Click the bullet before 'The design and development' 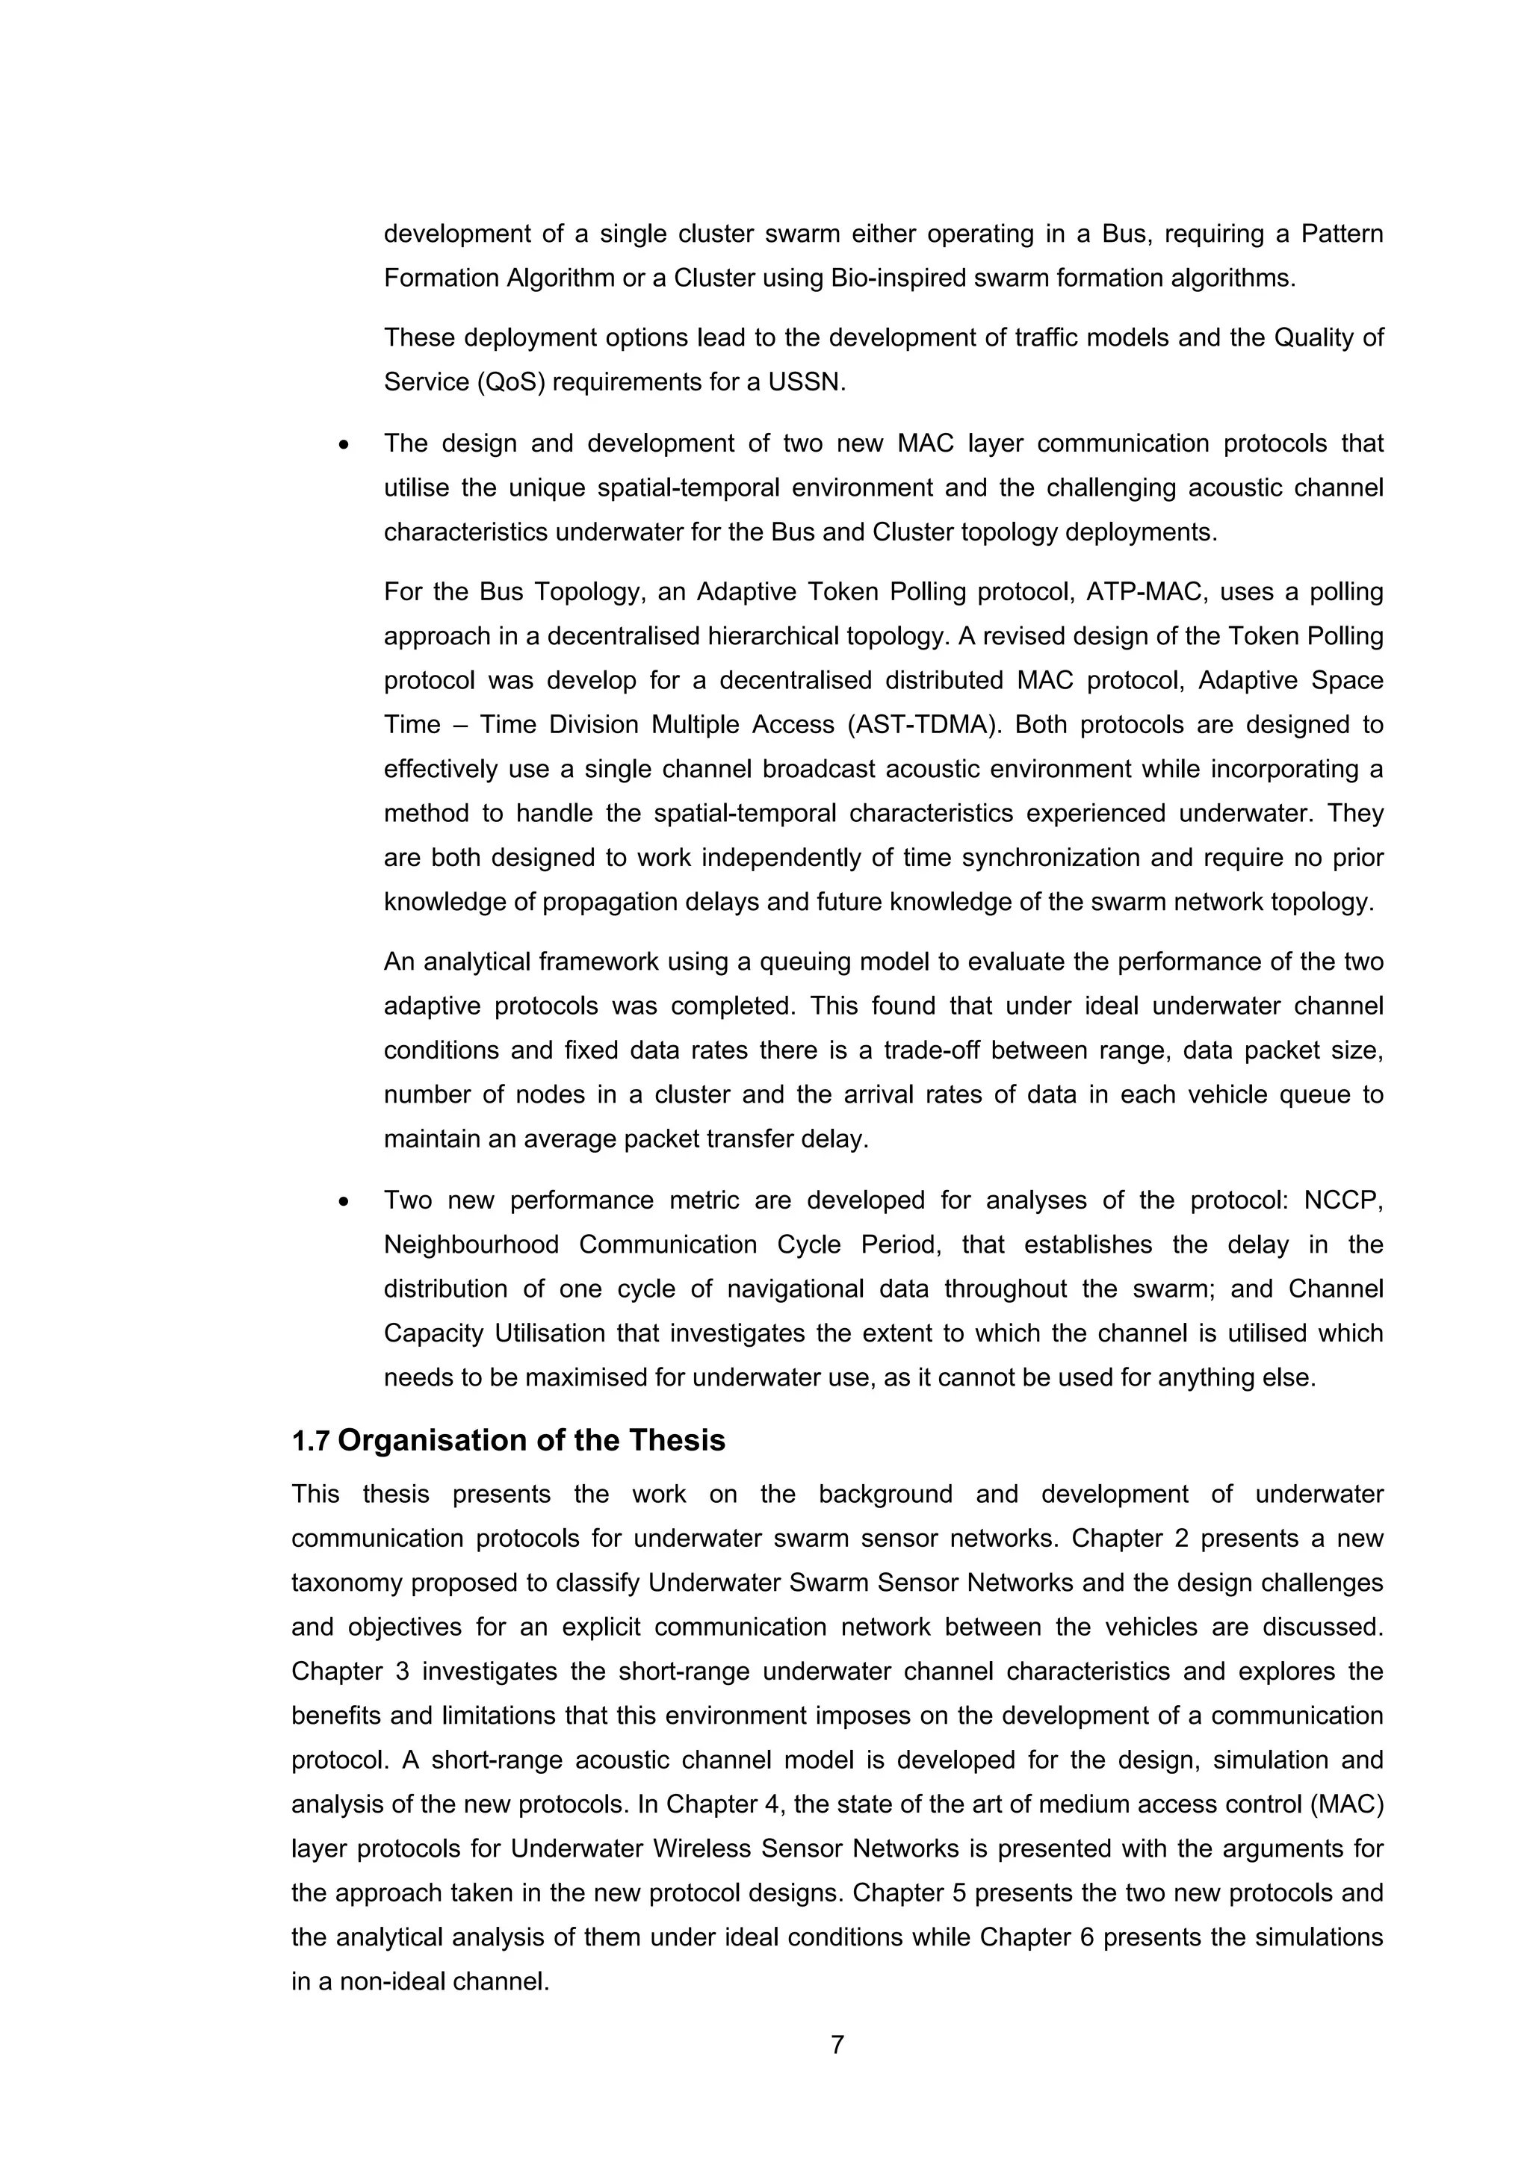(344, 444)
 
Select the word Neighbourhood (471, 1244)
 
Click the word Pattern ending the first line (1342, 234)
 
